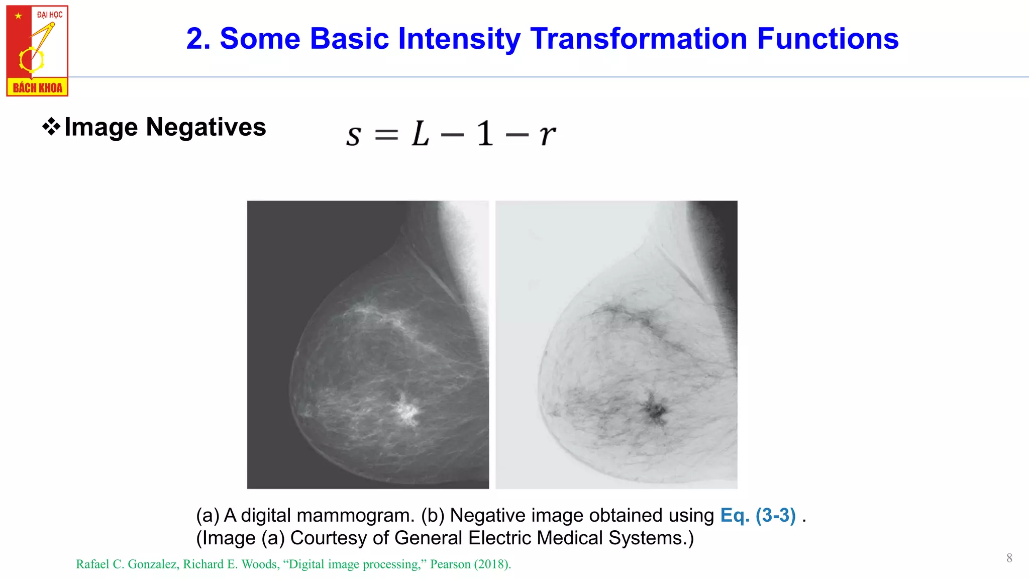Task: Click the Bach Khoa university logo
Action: [x=37, y=50]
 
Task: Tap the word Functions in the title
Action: [x=828, y=39]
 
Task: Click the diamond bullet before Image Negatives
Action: [x=51, y=127]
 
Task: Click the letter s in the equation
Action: [x=354, y=136]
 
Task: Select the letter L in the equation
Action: [x=421, y=134]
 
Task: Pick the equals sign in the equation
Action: [x=386, y=135]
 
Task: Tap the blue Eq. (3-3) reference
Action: [x=758, y=516]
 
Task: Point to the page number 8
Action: [x=1009, y=558]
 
